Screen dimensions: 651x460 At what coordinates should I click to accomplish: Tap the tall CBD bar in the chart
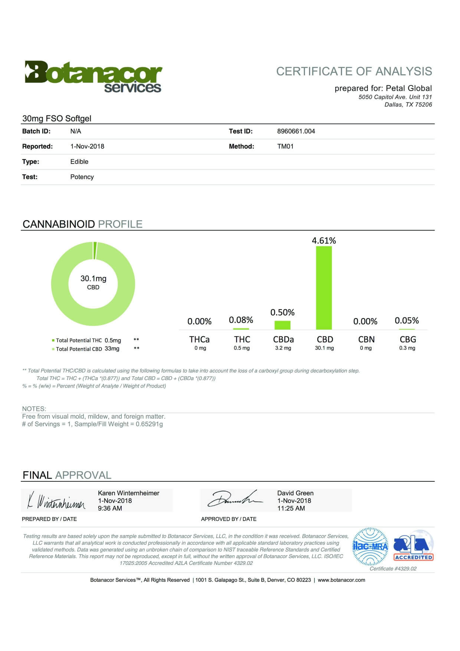tap(324, 288)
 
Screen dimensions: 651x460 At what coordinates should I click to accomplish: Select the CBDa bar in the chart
tap(282, 325)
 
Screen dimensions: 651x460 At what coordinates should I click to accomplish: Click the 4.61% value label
tap(324, 241)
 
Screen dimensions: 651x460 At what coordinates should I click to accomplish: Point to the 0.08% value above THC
tap(241, 320)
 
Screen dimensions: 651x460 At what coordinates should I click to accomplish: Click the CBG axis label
tap(408, 339)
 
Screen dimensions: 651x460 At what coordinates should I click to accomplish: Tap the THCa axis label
tap(199, 339)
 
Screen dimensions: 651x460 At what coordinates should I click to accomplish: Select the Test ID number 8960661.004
tap(296, 131)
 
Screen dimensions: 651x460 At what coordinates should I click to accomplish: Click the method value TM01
tap(285, 146)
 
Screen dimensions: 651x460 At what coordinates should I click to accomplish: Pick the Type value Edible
tap(79, 161)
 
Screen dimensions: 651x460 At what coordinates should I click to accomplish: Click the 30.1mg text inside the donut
tap(93, 278)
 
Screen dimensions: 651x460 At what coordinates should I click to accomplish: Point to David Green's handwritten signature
tap(234, 500)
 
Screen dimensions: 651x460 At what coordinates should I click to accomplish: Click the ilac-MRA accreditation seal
tap(370, 546)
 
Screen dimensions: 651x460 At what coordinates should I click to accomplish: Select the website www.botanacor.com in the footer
tap(341, 580)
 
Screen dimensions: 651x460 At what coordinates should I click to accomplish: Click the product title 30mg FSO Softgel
tap(57, 118)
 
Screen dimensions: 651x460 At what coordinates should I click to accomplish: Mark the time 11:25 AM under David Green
tap(291, 508)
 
